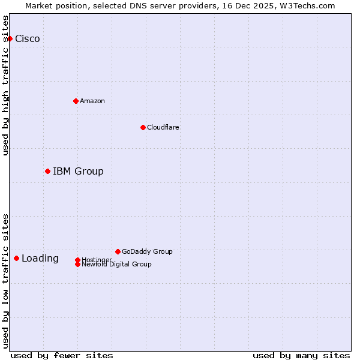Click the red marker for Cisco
pyautogui.click(x=10, y=38)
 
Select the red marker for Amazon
pyautogui.click(x=76, y=101)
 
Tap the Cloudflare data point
pyautogui.click(x=143, y=127)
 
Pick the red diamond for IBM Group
pyautogui.click(x=47, y=171)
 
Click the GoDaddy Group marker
pyautogui.click(x=118, y=251)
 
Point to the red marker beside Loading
pyautogui.click(x=16, y=258)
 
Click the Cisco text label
pyautogui.click(x=28, y=39)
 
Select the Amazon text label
pyautogui.click(x=92, y=101)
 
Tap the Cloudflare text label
pyautogui.click(x=163, y=127)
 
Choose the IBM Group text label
pyautogui.click(x=78, y=172)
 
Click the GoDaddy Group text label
pyautogui.click(x=147, y=251)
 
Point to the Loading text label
pyautogui.click(x=40, y=259)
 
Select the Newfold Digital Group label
pyautogui.click(x=116, y=265)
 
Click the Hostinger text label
pyautogui.click(x=97, y=259)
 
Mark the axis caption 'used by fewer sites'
pyautogui.click(x=62, y=355)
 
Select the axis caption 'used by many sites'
pyautogui.click(x=301, y=355)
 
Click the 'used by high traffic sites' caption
pyautogui.click(x=5, y=85)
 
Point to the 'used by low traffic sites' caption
pyautogui.click(x=5, y=281)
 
